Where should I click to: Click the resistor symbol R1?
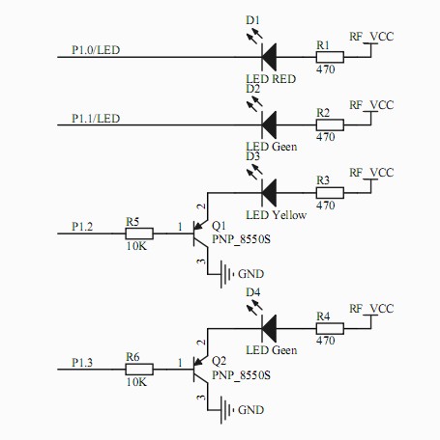click(x=330, y=57)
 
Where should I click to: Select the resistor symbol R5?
click(x=139, y=234)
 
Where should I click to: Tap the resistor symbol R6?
click(x=139, y=370)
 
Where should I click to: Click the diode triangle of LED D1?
click(x=269, y=57)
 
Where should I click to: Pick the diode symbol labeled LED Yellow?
click(x=269, y=193)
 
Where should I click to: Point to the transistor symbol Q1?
click(x=200, y=234)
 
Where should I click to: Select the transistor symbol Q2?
click(x=200, y=370)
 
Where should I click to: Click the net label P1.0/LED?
click(x=96, y=50)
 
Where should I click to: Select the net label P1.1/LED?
click(x=96, y=119)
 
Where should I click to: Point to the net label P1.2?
click(x=82, y=227)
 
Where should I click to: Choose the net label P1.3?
click(x=82, y=363)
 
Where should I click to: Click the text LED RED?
click(x=271, y=79)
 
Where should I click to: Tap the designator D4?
click(x=252, y=292)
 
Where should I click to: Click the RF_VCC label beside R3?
click(x=371, y=173)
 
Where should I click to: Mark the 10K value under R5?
click(x=136, y=246)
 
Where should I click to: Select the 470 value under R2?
click(x=326, y=137)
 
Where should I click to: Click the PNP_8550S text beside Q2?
click(x=241, y=375)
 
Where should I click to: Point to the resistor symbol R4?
click(x=330, y=329)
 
